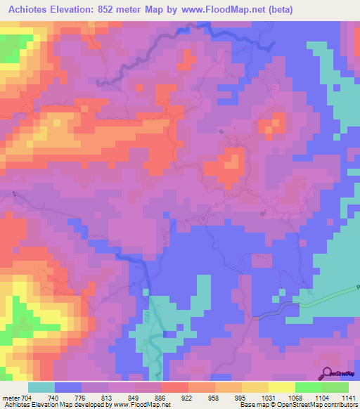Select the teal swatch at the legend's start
coord(41,387)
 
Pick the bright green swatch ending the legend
coord(335,387)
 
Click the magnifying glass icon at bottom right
coord(326,373)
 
